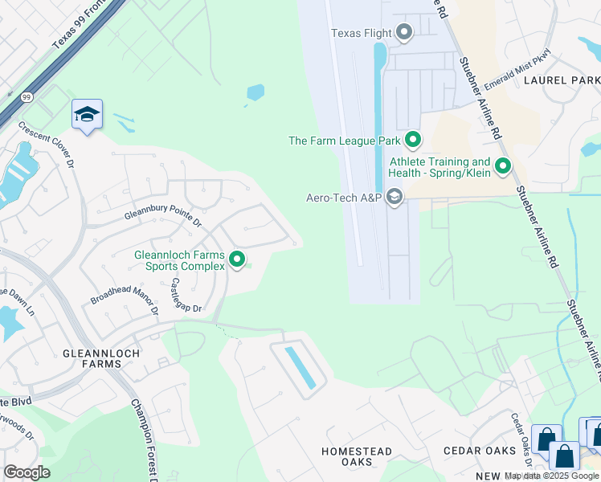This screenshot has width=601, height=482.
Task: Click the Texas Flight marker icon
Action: (x=404, y=33)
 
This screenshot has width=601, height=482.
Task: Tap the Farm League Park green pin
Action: (x=413, y=141)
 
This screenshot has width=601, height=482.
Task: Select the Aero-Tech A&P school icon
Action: (x=395, y=197)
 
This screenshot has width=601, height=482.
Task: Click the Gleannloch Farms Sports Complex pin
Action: (x=237, y=259)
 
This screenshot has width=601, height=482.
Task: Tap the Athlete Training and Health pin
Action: (x=503, y=167)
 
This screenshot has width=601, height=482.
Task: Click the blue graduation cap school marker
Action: (x=87, y=114)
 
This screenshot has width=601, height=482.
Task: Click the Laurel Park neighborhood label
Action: (x=561, y=80)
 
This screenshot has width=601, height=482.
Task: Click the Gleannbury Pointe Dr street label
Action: (x=163, y=211)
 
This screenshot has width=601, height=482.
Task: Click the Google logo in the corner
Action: (x=27, y=472)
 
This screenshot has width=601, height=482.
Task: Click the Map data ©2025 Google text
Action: (x=552, y=476)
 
